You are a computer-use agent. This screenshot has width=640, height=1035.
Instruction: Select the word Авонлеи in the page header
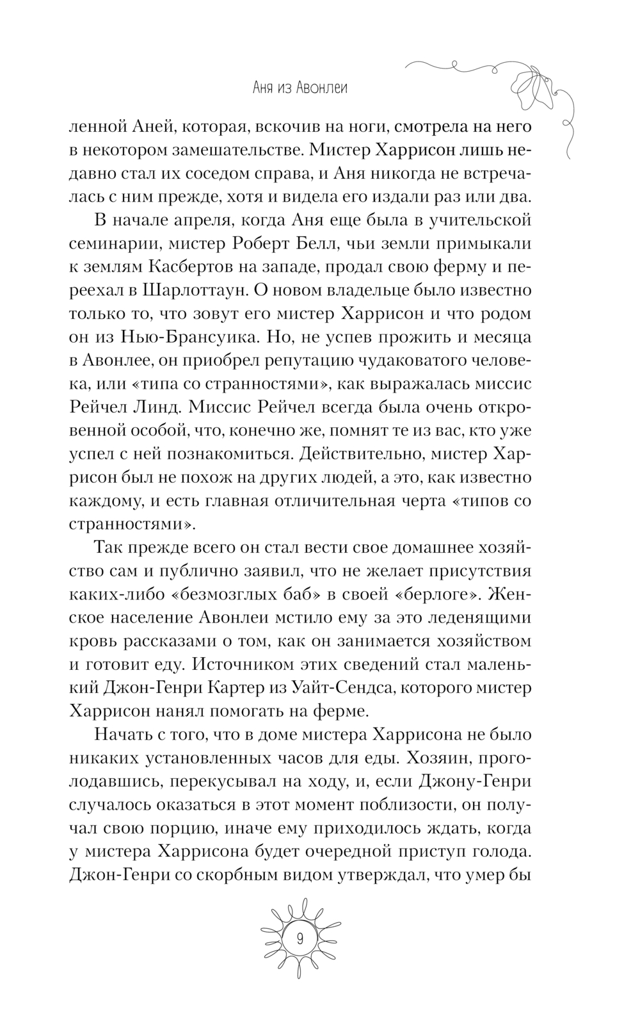click(323, 88)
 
